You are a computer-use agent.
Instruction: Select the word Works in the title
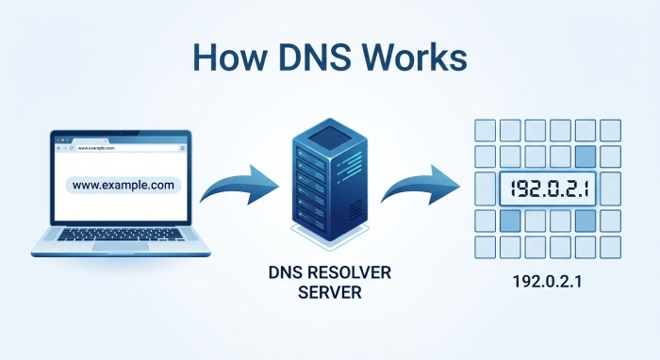pyautogui.click(x=418, y=57)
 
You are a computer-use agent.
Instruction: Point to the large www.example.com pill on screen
pyautogui.click(x=123, y=186)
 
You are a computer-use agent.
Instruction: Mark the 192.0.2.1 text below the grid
pyautogui.click(x=547, y=281)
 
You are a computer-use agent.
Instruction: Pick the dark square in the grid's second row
pyautogui.click(x=585, y=156)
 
